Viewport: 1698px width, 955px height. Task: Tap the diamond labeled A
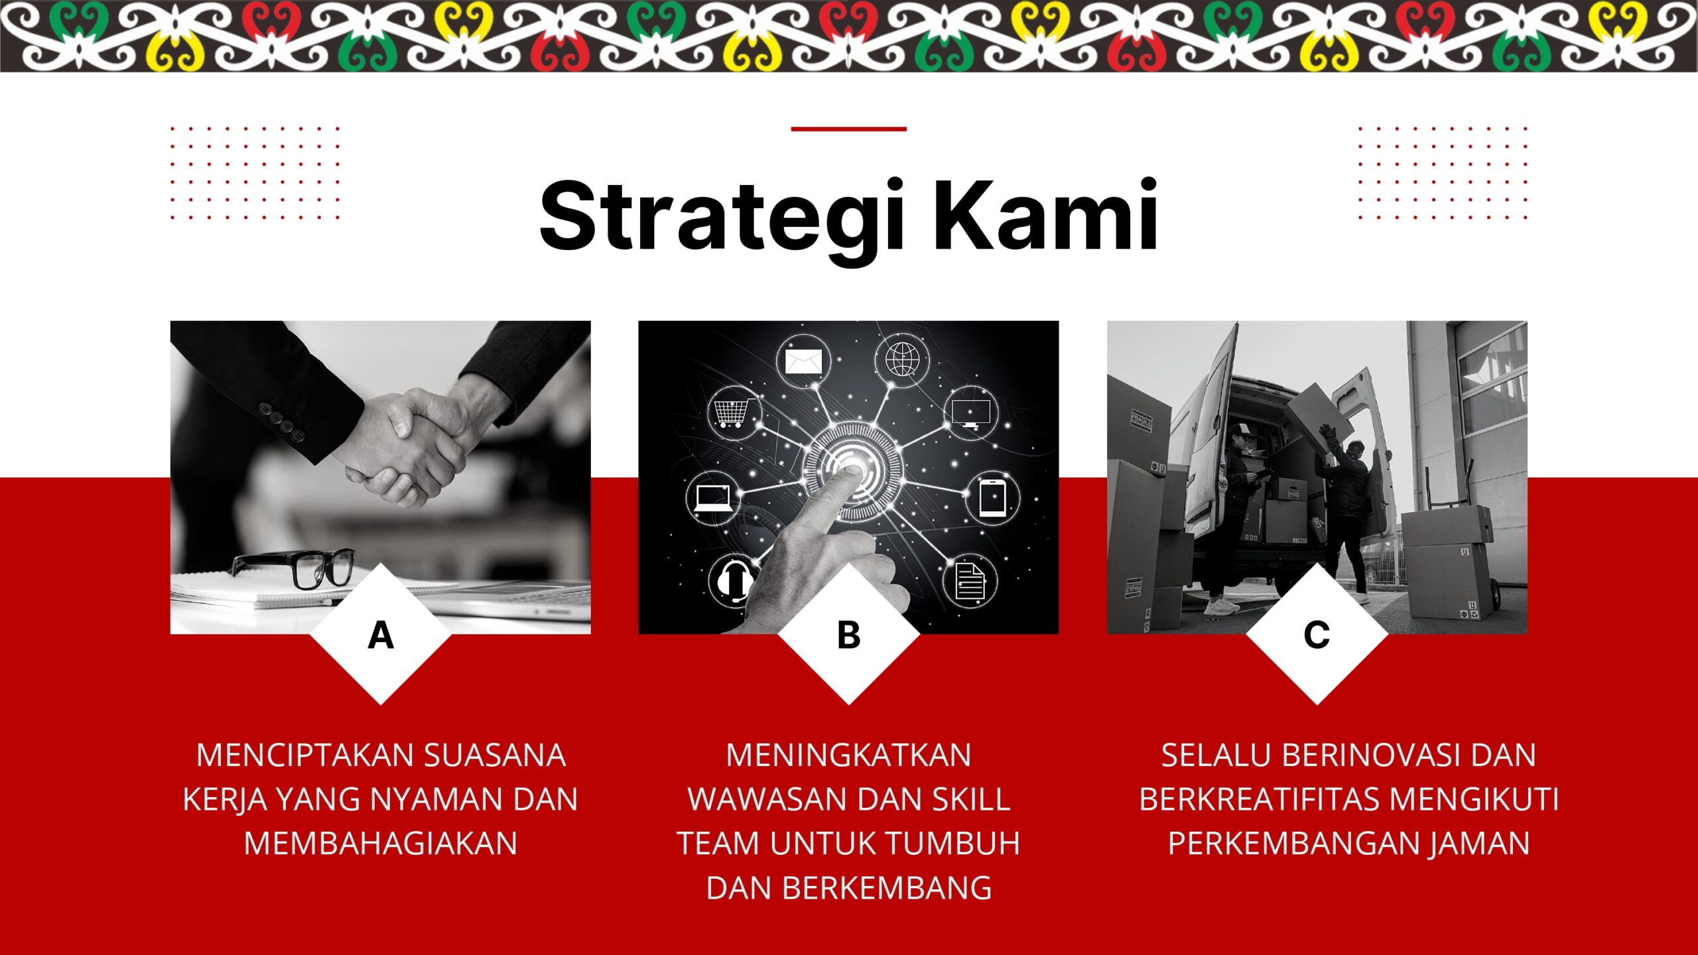381,635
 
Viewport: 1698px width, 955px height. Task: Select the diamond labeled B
848,635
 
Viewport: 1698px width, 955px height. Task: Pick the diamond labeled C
1317,635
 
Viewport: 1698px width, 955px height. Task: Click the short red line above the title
848,129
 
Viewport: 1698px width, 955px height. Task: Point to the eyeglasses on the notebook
295,568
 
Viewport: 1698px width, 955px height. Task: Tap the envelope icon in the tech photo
803,361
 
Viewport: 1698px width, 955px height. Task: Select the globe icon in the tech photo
902,359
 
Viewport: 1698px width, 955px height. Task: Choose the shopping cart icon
733,413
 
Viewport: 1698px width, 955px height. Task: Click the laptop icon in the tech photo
713,497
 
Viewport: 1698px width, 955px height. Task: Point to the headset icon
734,581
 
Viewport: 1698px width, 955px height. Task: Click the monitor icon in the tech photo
970,413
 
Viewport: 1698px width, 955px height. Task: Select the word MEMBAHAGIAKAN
381,844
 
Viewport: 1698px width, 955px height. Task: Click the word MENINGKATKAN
848,755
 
